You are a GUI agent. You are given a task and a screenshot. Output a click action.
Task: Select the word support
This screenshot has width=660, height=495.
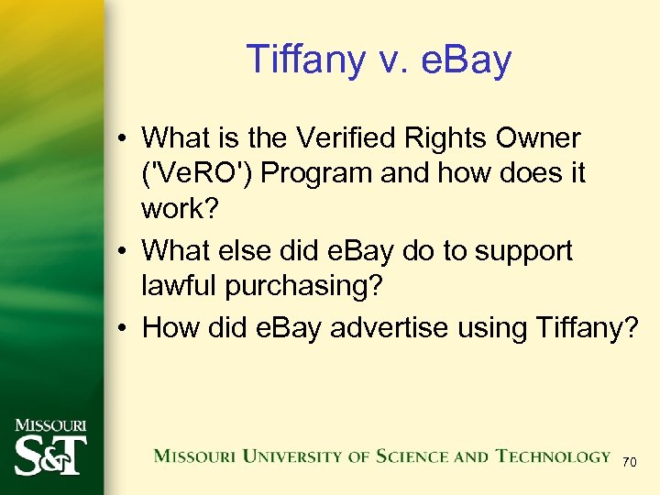click(x=519, y=249)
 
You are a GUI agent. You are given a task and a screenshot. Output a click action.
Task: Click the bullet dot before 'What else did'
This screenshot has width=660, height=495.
click(x=122, y=251)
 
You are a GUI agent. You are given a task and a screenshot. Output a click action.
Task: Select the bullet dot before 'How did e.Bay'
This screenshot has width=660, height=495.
click(x=122, y=327)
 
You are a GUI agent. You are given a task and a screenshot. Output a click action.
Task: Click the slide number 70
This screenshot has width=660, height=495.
click(x=629, y=463)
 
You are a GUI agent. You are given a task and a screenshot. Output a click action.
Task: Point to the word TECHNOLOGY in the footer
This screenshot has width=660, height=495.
click(x=553, y=456)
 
